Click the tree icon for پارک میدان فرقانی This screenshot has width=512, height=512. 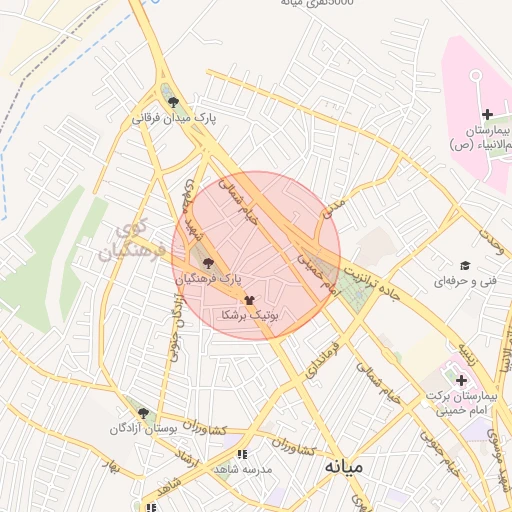pyautogui.click(x=174, y=102)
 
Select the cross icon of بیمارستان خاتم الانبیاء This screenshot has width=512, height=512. pyautogui.click(x=487, y=115)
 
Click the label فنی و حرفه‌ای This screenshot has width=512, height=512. pyautogui.click(x=464, y=282)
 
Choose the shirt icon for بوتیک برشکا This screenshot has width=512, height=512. pyautogui.click(x=249, y=299)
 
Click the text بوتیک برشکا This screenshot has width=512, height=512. pyautogui.click(x=249, y=315)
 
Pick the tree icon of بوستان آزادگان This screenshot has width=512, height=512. pyautogui.click(x=143, y=412)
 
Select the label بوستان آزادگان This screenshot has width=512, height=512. pyautogui.click(x=142, y=428)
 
